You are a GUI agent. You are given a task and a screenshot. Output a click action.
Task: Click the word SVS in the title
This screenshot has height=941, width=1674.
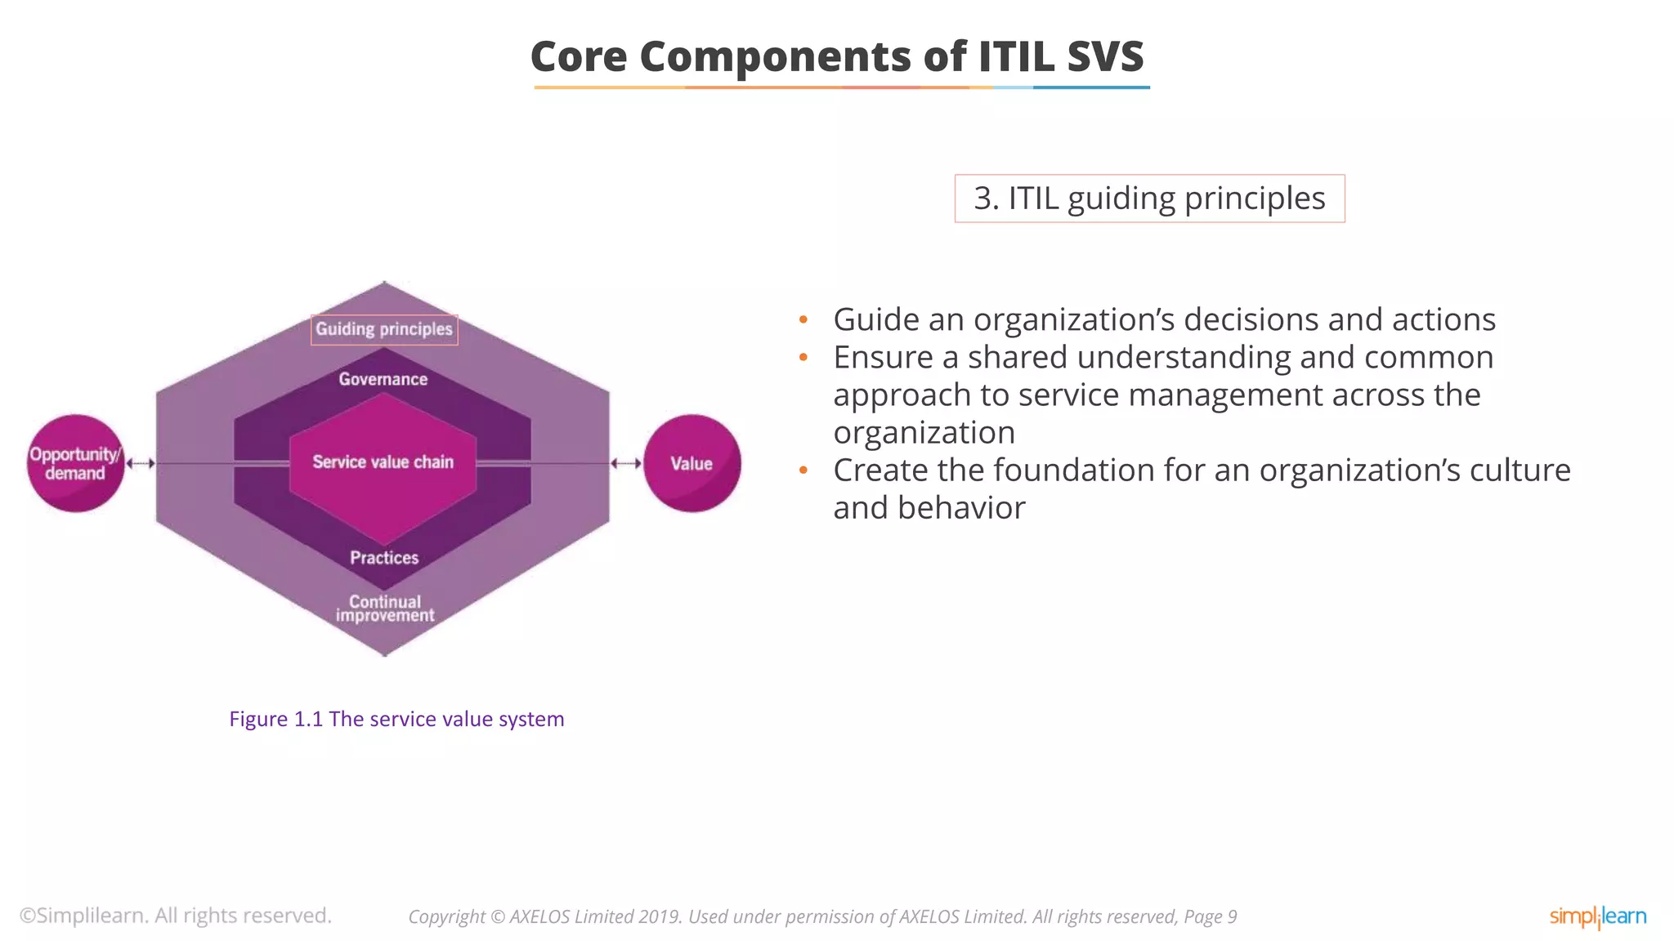pyautogui.click(x=1104, y=57)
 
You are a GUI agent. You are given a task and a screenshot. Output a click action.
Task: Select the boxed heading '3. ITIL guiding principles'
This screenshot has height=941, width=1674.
pyautogui.click(x=1149, y=198)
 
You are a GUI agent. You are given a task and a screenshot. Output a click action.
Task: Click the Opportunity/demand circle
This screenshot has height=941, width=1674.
pyautogui.click(x=75, y=463)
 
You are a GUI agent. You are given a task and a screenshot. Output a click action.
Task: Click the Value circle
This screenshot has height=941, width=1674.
pyautogui.click(x=692, y=463)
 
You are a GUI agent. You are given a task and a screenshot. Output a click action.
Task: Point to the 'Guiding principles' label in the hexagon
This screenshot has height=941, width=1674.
pyautogui.click(x=384, y=329)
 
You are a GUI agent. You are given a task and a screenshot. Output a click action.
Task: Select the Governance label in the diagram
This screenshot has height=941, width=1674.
pyautogui.click(x=383, y=379)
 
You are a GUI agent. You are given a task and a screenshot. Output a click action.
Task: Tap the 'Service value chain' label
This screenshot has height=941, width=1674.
pyautogui.click(x=383, y=462)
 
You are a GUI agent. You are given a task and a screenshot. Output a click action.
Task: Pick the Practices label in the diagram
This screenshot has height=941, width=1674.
pyautogui.click(x=384, y=558)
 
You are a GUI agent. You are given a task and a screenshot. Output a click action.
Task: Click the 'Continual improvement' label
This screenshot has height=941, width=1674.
pyautogui.click(x=384, y=609)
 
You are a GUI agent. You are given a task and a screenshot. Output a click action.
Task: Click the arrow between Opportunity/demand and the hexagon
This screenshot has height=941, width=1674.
pyautogui.click(x=141, y=463)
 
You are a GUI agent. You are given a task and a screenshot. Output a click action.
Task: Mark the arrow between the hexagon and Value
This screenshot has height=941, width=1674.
pyautogui.click(x=626, y=463)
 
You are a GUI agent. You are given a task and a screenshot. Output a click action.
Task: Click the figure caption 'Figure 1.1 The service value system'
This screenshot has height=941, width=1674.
pyautogui.click(x=396, y=719)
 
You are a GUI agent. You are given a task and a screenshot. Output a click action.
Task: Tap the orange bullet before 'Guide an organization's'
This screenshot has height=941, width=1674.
pyautogui.click(x=803, y=320)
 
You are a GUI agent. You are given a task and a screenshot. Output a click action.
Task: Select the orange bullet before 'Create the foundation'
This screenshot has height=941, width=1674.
pyautogui.click(x=803, y=470)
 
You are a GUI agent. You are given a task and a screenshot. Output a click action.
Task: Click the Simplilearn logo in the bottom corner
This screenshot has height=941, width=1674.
pyautogui.click(x=1597, y=916)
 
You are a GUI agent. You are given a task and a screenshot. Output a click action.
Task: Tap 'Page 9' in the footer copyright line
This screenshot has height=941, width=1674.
pyautogui.click(x=1210, y=917)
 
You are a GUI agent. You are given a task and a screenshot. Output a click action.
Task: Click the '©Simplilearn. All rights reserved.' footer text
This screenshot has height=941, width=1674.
pyautogui.click(x=176, y=916)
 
